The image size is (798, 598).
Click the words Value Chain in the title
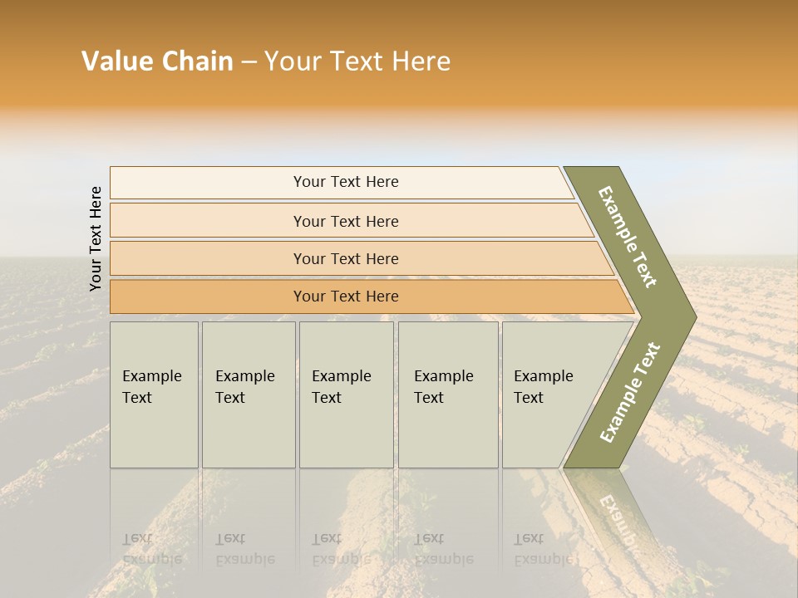[157, 61]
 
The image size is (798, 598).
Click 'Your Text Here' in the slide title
[357, 61]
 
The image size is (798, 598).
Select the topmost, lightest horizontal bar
[208, 183]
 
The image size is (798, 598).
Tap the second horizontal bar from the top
[208, 221]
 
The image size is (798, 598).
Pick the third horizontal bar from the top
[208, 258]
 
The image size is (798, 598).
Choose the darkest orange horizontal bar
[208, 297]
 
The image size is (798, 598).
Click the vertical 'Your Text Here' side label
[96, 238]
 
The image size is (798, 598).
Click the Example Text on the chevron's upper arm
[628, 237]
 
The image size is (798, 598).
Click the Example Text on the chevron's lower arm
[629, 392]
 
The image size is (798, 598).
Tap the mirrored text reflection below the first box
[151, 549]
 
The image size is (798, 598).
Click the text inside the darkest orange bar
[346, 297]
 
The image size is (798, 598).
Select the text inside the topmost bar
[346, 182]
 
